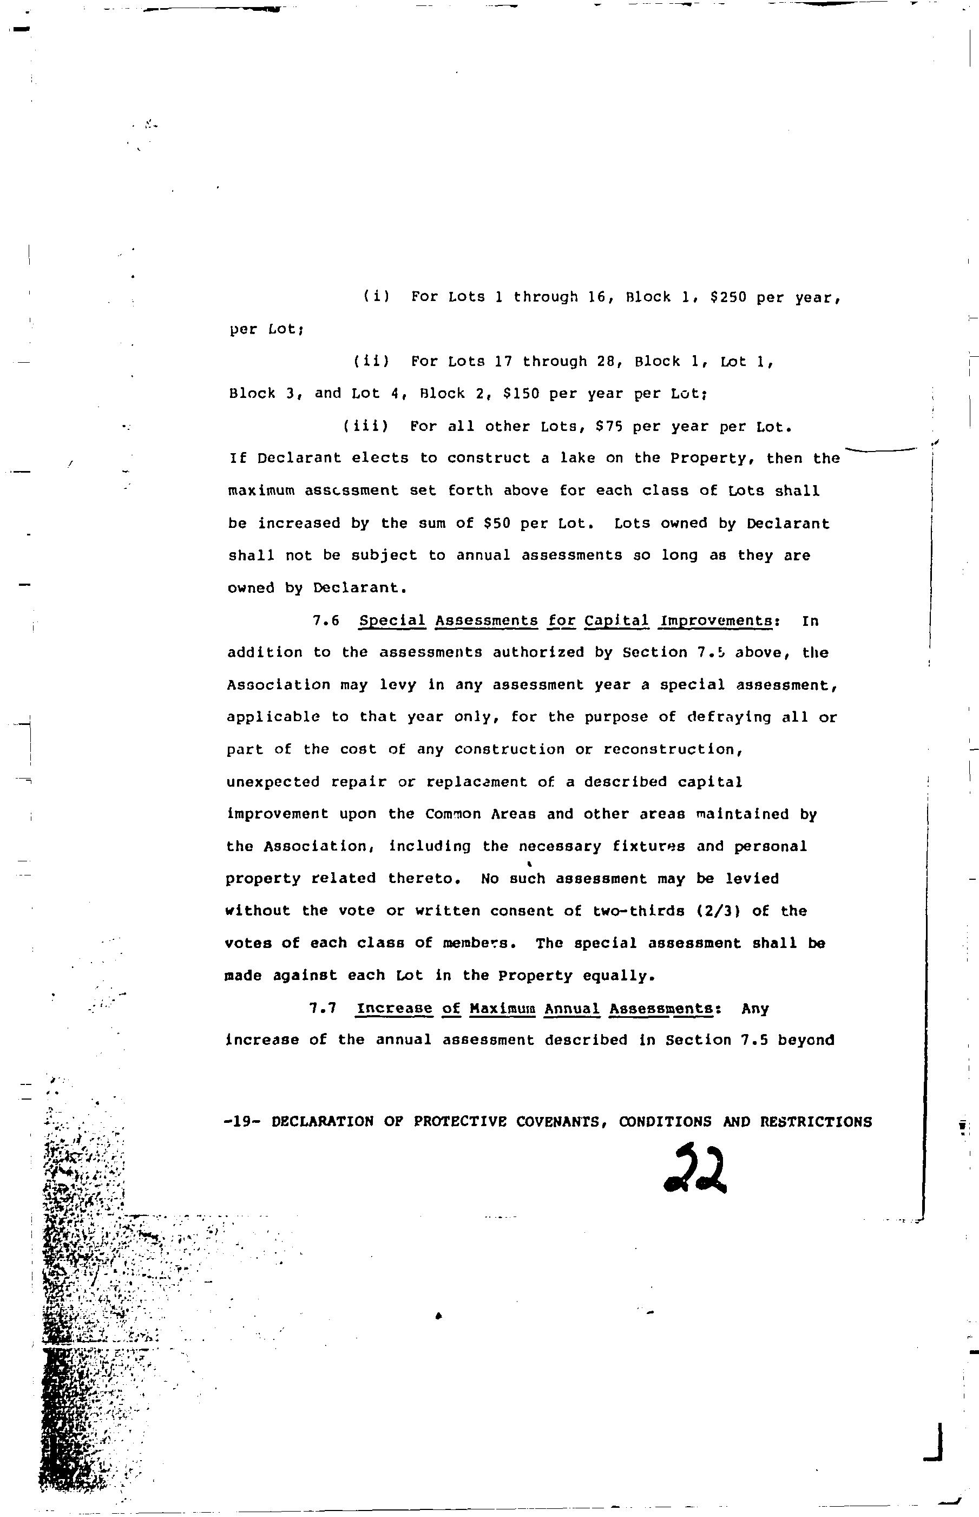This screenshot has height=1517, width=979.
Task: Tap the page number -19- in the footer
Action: point(243,1122)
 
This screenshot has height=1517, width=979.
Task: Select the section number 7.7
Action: point(323,1009)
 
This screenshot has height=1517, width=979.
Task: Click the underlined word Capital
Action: point(616,620)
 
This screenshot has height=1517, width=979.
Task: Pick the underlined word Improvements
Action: point(716,620)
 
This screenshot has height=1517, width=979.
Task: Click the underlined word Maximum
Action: point(502,1009)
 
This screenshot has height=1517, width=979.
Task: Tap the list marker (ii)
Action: point(371,362)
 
